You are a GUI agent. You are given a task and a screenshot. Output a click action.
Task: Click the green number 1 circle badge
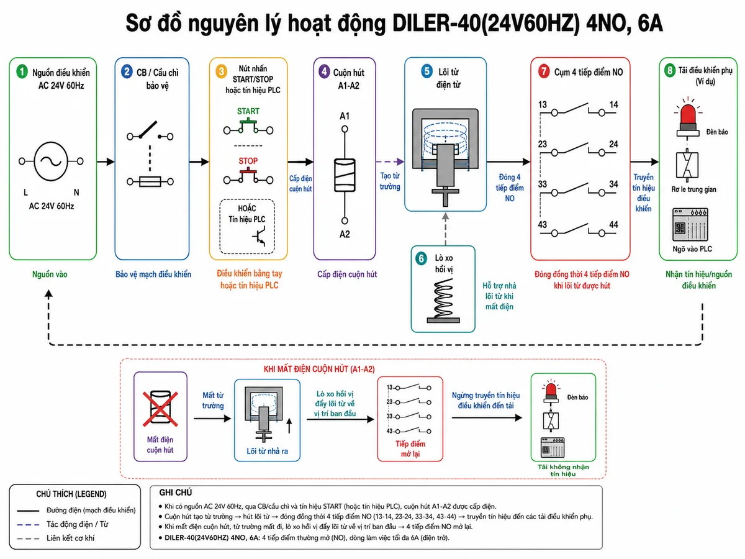point(22,71)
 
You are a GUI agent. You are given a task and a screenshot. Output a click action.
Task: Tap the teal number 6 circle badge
point(421,258)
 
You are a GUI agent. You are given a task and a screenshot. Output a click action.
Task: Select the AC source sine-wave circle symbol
point(51,161)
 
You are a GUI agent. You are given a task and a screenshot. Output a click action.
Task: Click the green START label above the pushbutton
point(248,111)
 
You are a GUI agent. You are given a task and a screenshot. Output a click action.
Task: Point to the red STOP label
point(248,161)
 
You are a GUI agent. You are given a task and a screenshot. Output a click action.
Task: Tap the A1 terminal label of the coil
point(345,116)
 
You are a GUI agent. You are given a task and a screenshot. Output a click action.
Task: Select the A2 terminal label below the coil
point(345,234)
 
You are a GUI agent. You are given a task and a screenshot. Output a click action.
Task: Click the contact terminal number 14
point(613,104)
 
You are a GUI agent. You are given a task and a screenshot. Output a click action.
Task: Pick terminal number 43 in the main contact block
point(543,225)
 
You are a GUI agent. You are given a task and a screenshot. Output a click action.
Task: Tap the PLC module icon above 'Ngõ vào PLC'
point(690,224)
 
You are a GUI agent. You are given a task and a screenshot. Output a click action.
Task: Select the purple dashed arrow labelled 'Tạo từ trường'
point(390,161)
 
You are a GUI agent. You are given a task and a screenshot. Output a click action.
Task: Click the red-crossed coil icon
point(160,408)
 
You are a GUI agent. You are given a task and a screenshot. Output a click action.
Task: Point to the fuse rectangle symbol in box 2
point(150,181)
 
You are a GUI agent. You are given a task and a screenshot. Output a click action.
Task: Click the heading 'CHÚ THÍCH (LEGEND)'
point(71,494)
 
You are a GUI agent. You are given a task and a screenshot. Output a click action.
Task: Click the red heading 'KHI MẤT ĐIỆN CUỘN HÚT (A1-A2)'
point(319,370)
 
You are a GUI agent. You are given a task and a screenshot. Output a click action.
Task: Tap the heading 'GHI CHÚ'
point(176,493)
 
